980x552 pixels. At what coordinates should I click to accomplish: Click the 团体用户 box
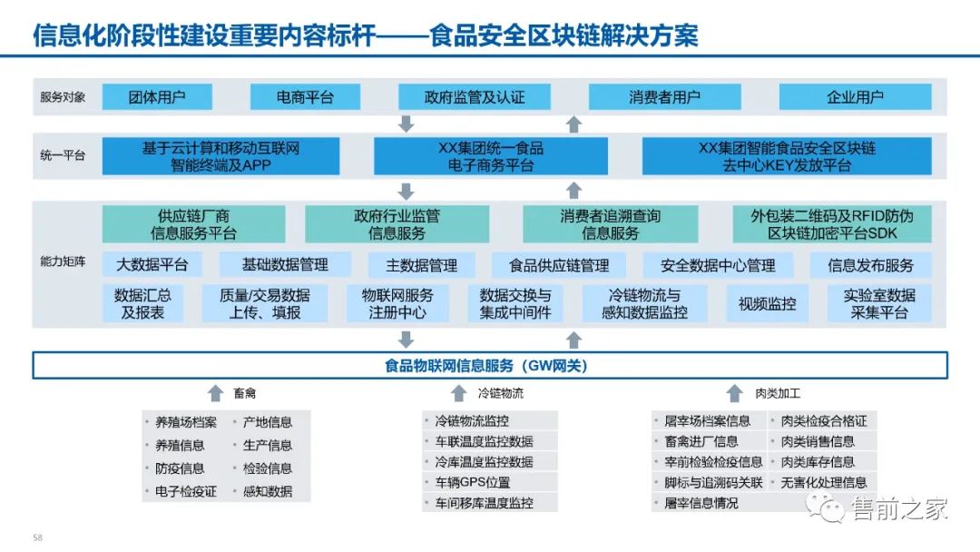pos(157,97)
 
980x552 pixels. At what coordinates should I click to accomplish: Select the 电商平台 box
pos(305,97)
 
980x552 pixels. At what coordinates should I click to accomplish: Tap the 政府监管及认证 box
pos(475,97)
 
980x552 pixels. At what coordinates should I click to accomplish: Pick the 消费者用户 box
pos(665,97)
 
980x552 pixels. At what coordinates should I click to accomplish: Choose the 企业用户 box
pos(855,97)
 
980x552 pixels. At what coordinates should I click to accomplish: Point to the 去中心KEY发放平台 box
pos(787,156)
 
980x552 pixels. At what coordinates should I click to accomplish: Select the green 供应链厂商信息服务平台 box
pos(193,224)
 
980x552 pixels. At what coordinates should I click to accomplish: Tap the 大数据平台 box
pos(152,265)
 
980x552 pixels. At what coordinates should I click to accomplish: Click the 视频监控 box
pos(767,304)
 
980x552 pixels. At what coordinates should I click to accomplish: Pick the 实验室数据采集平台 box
pos(879,304)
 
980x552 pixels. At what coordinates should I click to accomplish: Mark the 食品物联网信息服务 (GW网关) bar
pos(490,366)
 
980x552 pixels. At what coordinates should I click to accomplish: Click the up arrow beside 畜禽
pos(215,393)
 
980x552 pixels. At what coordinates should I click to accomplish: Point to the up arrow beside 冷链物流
pos(459,393)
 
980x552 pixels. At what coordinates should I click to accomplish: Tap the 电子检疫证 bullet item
pos(185,491)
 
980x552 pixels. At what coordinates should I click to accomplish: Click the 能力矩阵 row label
pos(63,262)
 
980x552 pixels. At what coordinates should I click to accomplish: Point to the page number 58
pos(37,537)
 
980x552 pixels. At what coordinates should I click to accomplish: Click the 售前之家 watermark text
pos(898,510)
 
